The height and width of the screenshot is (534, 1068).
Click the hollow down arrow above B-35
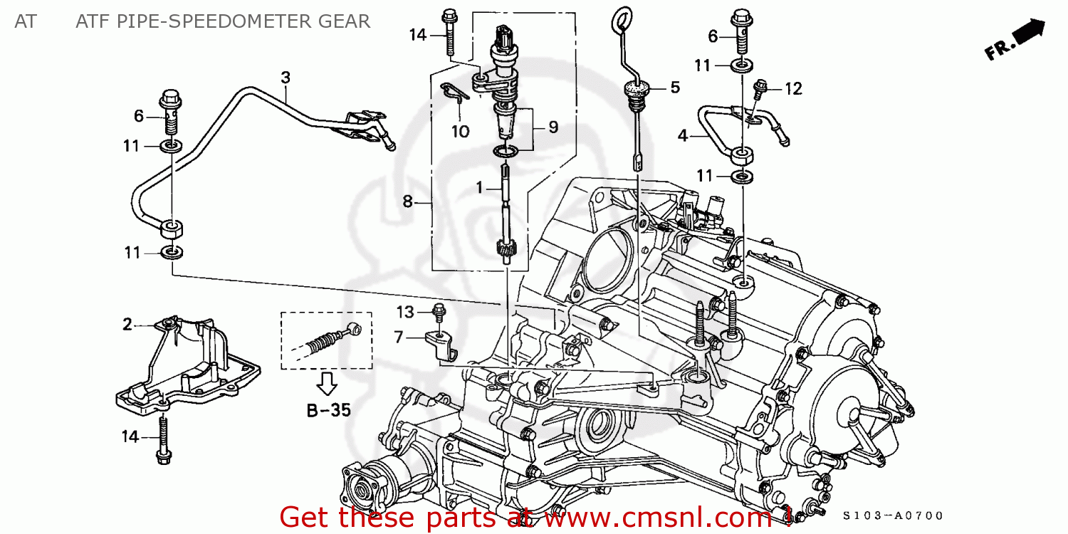tap(327, 382)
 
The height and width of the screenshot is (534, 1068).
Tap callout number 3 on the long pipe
tap(285, 77)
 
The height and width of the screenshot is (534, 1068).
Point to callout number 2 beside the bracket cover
tap(127, 325)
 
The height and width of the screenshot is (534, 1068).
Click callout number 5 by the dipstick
tap(674, 88)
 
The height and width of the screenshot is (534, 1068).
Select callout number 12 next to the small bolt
tap(793, 88)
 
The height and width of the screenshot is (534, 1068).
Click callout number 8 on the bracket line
tap(407, 201)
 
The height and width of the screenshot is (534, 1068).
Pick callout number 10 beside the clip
tap(460, 132)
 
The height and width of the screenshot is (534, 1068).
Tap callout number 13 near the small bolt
tap(405, 312)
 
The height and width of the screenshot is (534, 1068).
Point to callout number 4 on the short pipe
tap(683, 135)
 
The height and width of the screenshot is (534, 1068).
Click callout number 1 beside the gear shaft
tap(479, 187)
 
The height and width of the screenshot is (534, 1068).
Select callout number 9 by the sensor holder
tap(553, 127)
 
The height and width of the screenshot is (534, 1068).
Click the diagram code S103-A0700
tap(893, 515)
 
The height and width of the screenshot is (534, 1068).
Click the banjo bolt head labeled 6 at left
tap(171, 95)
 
